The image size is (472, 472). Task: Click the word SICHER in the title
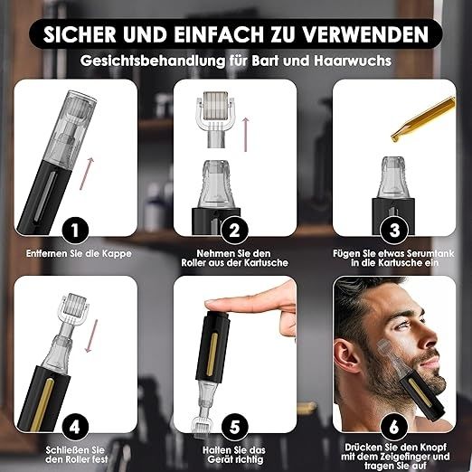coord(80,34)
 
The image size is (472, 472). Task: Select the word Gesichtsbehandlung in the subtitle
coord(153,61)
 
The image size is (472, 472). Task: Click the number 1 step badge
coord(75,231)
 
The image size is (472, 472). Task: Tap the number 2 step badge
coord(234,231)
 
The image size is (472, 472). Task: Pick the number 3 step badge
coord(394,231)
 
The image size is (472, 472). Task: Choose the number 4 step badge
coord(75,428)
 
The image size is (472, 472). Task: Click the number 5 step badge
coord(234,428)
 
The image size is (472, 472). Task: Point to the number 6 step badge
coord(394,428)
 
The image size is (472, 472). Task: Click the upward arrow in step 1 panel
coord(87,174)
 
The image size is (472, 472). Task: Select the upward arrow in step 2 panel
coord(246,135)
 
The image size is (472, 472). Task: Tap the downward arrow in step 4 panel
coord(91,336)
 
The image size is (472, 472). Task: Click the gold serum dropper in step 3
coord(422,118)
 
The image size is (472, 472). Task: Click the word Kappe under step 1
coord(117,254)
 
